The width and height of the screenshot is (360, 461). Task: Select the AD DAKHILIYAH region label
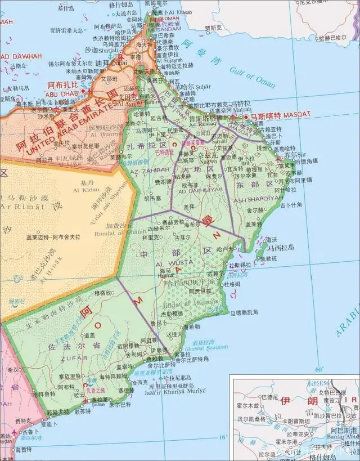click(x=196, y=190)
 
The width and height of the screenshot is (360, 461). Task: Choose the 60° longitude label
click(x=319, y=369)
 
